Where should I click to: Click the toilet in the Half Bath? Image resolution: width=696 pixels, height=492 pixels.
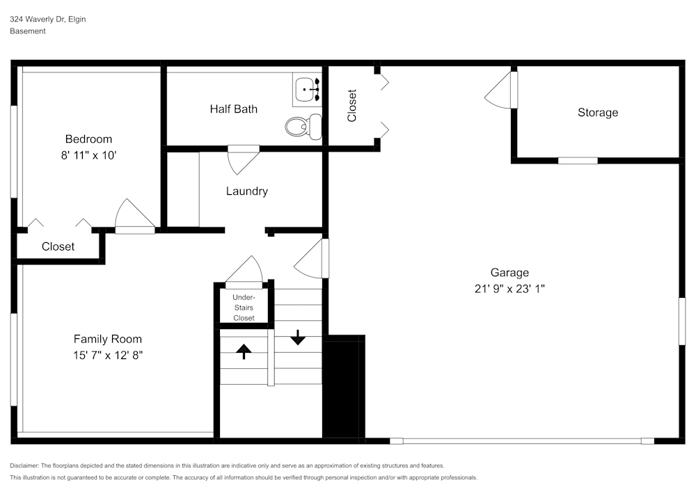tap(303, 127)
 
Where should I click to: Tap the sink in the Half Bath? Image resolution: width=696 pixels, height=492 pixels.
tap(307, 90)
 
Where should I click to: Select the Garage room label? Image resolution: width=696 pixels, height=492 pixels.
tap(509, 272)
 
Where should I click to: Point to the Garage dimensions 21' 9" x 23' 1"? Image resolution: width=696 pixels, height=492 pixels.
tap(509, 289)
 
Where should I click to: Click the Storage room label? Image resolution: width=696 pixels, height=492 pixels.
tap(598, 113)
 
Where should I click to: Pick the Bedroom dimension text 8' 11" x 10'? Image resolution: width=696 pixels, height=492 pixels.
tap(89, 155)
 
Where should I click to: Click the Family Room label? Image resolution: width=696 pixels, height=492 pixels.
tap(108, 339)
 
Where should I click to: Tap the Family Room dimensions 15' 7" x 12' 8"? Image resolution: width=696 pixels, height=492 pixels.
tap(108, 356)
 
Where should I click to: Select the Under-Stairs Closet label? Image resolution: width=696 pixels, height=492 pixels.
tap(244, 308)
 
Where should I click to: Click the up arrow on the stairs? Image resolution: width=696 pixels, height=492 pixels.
tap(244, 351)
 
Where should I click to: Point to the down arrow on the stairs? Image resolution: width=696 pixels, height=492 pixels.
tap(298, 338)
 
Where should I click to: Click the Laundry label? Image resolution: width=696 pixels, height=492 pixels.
tap(247, 191)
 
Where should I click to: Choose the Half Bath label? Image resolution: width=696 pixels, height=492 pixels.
tap(233, 109)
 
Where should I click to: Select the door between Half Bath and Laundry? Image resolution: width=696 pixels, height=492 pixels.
tap(243, 160)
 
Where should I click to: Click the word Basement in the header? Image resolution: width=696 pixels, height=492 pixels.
tap(28, 31)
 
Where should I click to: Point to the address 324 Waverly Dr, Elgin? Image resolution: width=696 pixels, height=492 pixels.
tap(48, 19)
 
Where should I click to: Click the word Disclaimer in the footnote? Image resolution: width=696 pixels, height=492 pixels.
tap(24, 466)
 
